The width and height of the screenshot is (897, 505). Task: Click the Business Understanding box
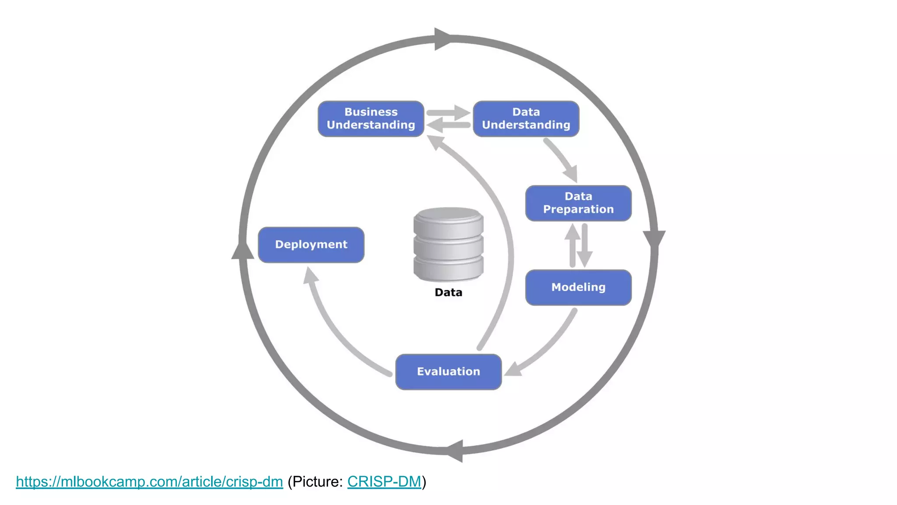point(371,119)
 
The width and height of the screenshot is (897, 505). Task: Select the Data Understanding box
point(526,119)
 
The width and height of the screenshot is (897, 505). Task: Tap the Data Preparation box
point(578,203)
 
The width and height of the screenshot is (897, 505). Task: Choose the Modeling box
point(578,287)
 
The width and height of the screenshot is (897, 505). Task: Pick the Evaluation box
point(448,372)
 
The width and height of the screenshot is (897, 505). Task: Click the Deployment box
point(311,245)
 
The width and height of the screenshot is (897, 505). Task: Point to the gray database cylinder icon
point(448,244)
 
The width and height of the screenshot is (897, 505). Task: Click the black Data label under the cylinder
point(448,292)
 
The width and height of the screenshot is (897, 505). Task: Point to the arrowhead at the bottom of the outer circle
point(456,451)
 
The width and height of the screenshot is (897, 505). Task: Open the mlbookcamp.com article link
point(149,482)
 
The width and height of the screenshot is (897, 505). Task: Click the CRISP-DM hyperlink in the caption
point(384,482)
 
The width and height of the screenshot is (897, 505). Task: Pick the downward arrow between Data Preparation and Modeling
point(585,245)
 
